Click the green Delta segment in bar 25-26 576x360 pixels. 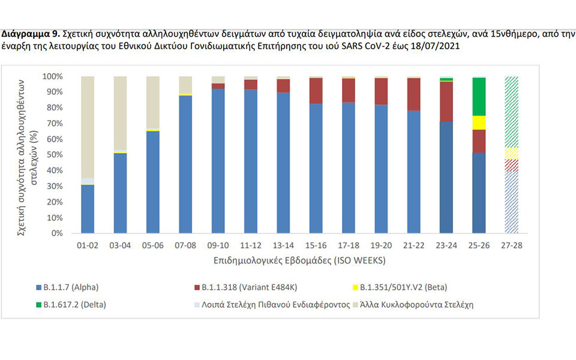point(479,97)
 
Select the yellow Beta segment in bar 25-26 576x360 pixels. point(479,122)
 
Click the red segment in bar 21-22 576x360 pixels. point(413,94)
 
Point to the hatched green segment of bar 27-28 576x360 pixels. point(511,112)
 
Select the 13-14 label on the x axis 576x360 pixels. point(283,245)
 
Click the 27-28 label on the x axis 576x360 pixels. point(511,245)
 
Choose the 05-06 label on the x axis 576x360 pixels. point(152,245)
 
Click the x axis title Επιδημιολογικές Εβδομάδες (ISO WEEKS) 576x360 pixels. point(298,262)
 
